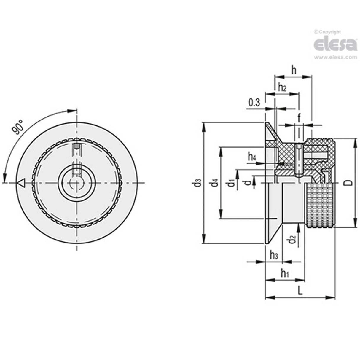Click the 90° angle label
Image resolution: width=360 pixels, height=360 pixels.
18,127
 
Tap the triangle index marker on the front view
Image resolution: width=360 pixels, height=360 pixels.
20,183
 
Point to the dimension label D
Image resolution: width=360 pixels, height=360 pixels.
350,182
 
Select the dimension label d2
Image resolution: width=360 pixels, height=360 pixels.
292,239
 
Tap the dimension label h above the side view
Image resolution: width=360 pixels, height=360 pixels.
294,70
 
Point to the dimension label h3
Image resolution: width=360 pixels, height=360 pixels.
273,254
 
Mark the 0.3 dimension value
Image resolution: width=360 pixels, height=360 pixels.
254,103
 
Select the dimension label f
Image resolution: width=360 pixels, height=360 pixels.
299,118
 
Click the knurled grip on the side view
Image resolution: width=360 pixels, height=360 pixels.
320,205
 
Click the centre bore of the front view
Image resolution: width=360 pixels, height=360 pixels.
77,183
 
